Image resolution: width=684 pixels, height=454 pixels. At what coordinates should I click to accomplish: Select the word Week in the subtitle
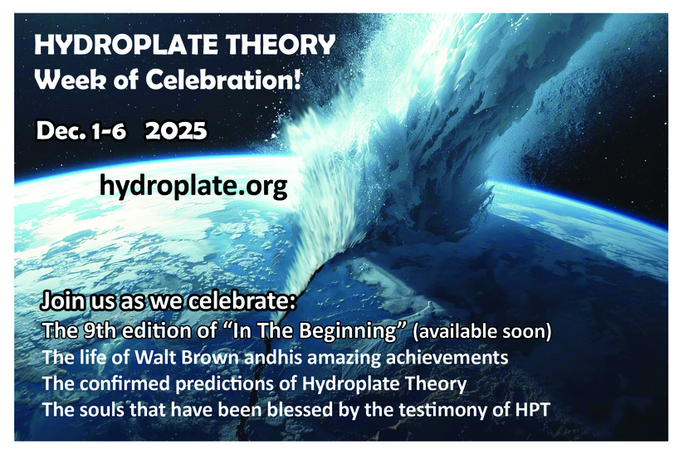(70, 80)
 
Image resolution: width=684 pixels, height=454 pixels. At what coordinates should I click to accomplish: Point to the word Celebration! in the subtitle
(223, 80)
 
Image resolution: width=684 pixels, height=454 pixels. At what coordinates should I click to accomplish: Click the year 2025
(176, 131)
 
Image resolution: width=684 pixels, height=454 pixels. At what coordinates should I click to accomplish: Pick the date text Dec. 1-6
(81, 131)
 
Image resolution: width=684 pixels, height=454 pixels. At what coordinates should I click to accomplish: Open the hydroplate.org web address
(193, 186)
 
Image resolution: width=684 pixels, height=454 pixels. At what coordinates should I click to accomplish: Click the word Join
(62, 301)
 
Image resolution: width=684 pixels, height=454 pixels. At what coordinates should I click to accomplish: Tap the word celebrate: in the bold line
(242, 301)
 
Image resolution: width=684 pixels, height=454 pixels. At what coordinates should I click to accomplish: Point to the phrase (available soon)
(482, 331)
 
